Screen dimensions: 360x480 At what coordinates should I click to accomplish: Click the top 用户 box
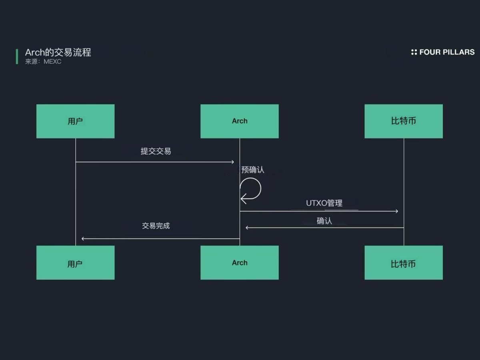click(x=75, y=121)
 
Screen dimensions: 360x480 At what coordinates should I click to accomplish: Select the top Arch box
click(x=239, y=121)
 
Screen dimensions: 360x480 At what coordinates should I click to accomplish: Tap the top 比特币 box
click(x=403, y=121)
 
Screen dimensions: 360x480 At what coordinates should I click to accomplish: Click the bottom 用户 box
click(x=75, y=263)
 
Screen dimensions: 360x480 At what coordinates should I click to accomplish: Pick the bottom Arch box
click(x=239, y=263)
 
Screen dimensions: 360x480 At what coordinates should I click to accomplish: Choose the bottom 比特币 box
click(x=403, y=263)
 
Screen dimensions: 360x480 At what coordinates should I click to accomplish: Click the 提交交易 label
click(x=156, y=151)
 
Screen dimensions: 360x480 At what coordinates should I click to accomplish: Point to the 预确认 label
click(x=253, y=170)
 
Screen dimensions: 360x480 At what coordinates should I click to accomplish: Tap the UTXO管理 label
click(x=324, y=203)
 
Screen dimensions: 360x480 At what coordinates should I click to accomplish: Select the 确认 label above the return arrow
click(x=324, y=221)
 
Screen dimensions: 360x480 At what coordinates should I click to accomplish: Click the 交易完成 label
click(x=156, y=226)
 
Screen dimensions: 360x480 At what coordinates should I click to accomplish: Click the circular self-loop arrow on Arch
click(x=251, y=189)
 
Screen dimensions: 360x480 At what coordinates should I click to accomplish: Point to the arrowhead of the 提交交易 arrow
click(x=232, y=162)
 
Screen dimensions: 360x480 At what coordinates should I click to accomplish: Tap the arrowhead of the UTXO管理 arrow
click(x=396, y=211)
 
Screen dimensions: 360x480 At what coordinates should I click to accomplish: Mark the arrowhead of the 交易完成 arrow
click(x=83, y=239)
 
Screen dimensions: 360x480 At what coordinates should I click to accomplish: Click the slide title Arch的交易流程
click(x=58, y=52)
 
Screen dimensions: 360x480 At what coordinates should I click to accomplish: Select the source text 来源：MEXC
click(x=43, y=62)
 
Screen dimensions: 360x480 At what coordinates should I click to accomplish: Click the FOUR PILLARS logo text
click(x=447, y=52)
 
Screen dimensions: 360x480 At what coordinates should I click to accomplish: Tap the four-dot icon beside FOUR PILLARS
click(x=414, y=52)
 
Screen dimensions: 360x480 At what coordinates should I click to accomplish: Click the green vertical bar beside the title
click(x=17, y=56)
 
